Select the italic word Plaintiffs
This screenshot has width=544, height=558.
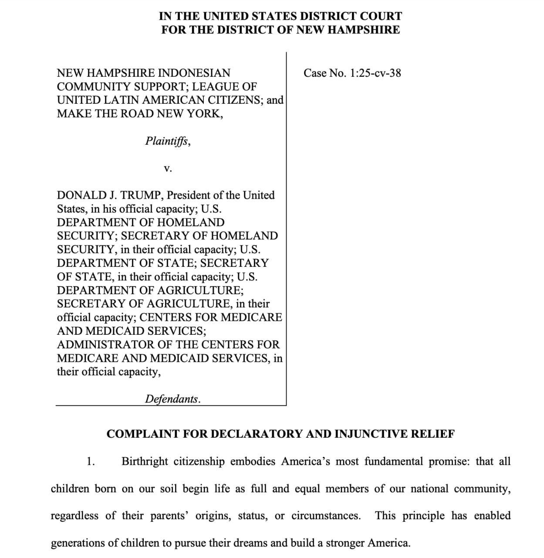(167, 141)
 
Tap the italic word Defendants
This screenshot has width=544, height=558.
(172, 399)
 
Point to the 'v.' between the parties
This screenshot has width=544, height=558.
(168, 168)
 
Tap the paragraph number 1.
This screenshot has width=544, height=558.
(91, 462)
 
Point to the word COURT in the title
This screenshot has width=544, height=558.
(380, 17)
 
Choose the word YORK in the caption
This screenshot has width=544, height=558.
(204, 114)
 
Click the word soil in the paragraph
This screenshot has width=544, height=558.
(169, 489)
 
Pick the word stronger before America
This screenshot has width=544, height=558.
(345, 543)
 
